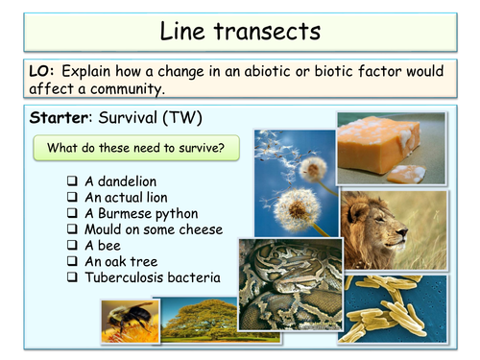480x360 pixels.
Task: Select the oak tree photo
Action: click(198, 321)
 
